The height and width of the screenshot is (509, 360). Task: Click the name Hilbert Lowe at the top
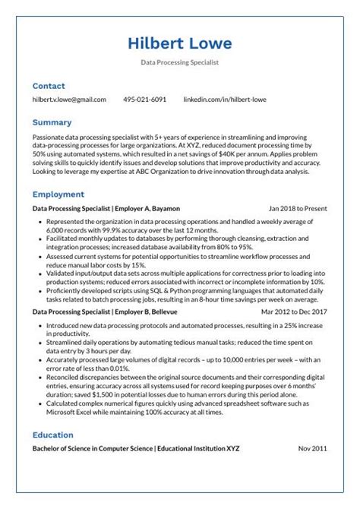point(180,43)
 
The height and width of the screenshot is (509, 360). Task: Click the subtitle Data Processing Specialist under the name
point(180,62)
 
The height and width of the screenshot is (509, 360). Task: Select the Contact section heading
point(49,86)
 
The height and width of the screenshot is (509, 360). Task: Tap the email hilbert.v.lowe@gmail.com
point(69,100)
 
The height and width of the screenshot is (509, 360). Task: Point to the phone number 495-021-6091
point(144,100)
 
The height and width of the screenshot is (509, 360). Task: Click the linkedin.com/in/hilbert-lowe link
point(225,100)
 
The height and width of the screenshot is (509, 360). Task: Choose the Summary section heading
point(52,122)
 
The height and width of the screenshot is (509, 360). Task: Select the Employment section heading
point(58,194)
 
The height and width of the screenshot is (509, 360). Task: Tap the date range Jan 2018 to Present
point(298,207)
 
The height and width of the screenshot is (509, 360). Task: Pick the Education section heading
point(53,435)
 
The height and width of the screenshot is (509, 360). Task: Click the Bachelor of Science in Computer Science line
point(136,449)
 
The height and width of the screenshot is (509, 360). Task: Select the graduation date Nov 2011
point(312,449)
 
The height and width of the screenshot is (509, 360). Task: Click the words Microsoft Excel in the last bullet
point(71,413)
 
